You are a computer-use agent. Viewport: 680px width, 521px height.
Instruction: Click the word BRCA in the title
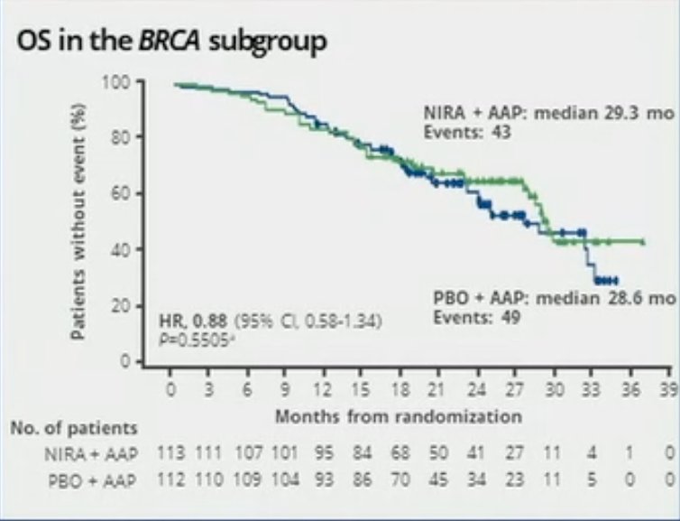coord(170,42)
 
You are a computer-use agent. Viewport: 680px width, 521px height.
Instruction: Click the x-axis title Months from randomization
coord(399,417)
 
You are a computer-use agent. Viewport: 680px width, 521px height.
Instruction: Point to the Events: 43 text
coord(467,132)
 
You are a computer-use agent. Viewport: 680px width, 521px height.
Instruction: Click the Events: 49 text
coord(476,317)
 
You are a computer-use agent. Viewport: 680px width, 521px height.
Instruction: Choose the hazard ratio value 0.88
coord(210,321)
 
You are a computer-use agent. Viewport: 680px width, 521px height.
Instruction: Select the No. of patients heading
coord(74,429)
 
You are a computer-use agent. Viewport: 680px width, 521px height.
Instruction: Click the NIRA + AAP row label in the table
coord(91,454)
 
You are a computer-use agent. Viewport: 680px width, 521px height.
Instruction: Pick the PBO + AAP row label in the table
coord(92,480)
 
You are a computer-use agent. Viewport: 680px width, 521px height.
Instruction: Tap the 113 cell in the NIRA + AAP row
coord(170,453)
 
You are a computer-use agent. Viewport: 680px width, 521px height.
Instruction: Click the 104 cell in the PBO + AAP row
coord(285,479)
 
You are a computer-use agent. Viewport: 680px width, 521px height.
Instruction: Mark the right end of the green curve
coord(643,242)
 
